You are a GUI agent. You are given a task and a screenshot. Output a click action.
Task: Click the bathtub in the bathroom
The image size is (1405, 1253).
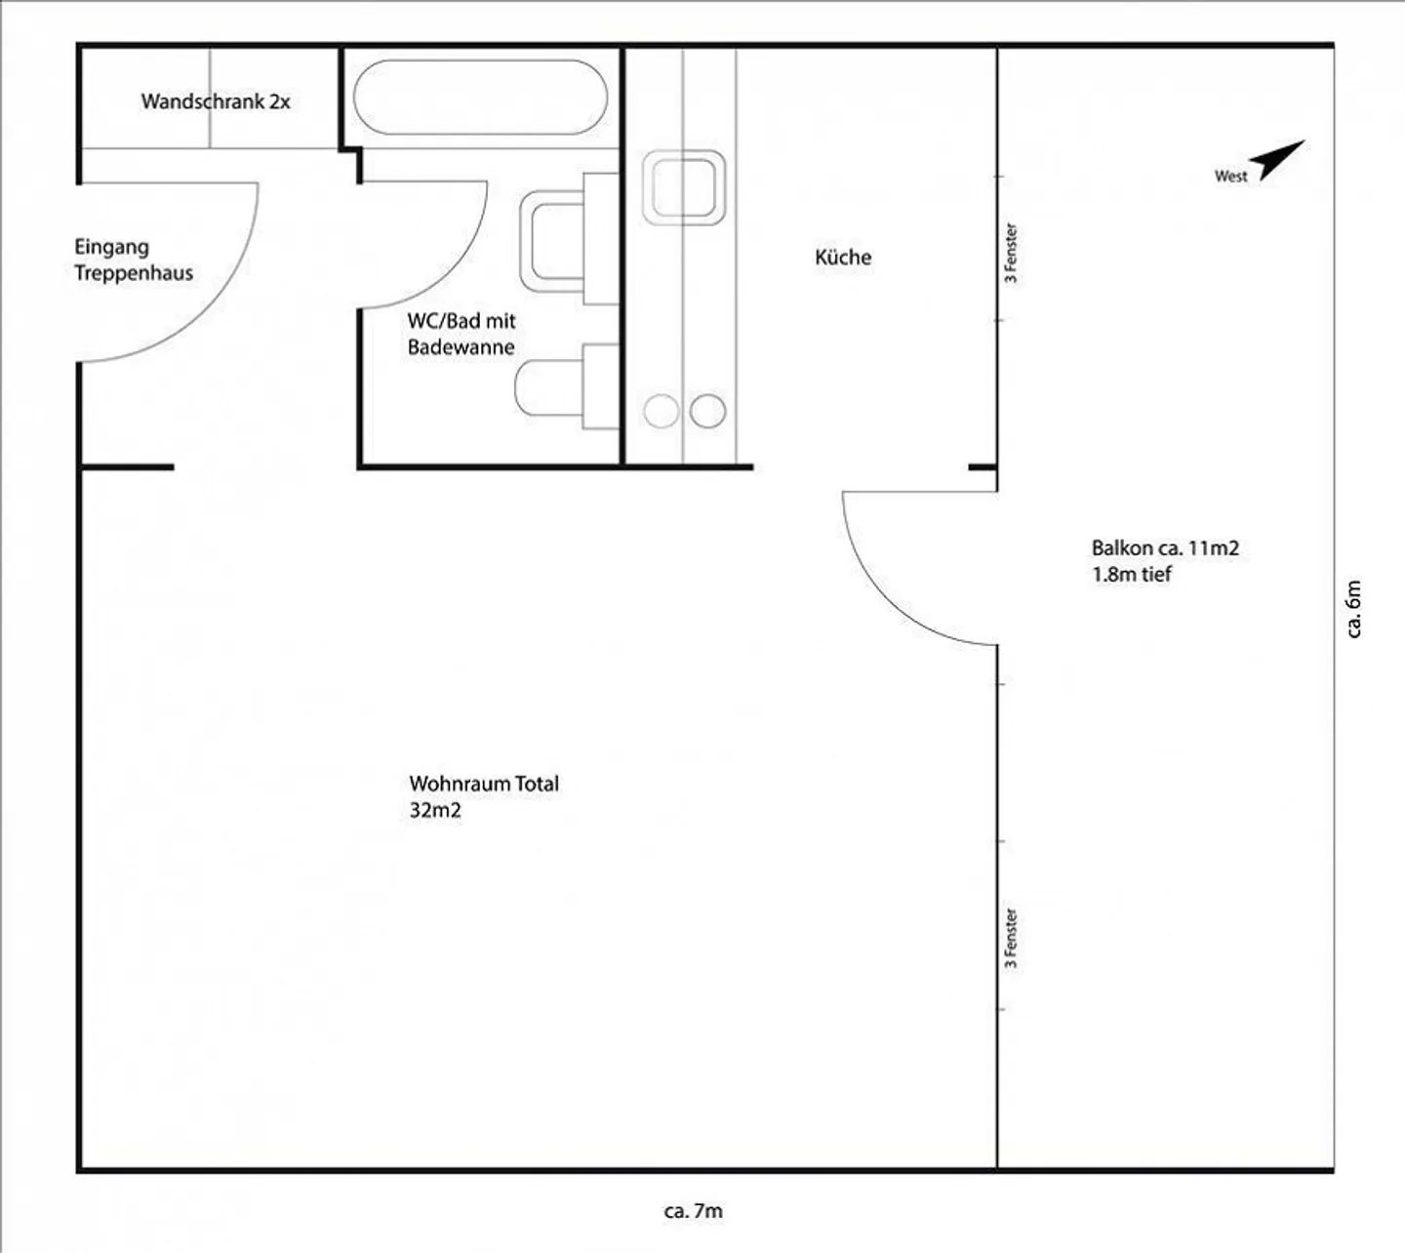(x=481, y=98)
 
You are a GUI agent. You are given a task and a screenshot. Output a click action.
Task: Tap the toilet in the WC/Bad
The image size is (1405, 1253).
(x=566, y=387)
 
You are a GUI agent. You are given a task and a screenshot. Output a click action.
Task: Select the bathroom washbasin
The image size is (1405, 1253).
(x=569, y=239)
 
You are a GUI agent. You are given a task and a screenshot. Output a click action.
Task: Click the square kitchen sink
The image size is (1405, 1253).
(x=684, y=188)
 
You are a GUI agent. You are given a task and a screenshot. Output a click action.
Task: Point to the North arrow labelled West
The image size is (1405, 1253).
(x=1281, y=160)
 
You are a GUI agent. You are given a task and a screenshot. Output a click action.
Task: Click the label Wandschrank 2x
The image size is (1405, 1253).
(x=216, y=102)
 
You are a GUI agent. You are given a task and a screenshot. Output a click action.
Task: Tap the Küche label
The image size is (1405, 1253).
(x=843, y=258)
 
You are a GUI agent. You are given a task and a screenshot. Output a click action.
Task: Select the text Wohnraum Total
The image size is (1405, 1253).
(x=484, y=784)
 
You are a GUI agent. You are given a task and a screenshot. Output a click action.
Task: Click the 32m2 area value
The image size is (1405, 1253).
(x=435, y=810)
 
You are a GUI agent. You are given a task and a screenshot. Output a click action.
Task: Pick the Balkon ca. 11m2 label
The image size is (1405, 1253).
(x=1165, y=548)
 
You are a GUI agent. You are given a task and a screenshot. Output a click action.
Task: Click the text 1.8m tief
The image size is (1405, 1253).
(x=1132, y=575)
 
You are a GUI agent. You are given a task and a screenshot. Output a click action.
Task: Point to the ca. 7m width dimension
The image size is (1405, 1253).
(x=694, y=1211)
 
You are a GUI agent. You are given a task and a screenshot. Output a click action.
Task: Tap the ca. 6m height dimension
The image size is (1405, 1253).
(x=1353, y=609)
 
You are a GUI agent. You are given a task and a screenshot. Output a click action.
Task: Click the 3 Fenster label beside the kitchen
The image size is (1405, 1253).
(x=1011, y=253)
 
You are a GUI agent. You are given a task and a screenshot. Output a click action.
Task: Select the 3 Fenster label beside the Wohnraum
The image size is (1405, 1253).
(x=1011, y=938)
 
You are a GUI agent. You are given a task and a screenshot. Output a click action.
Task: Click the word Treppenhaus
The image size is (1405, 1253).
(x=134, y=272)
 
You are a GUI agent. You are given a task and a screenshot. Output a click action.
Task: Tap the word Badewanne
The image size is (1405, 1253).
(x=462, y=346)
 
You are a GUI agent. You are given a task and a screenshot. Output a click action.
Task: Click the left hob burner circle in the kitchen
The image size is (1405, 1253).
(x=661, y=411)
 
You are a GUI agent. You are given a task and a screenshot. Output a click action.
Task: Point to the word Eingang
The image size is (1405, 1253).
(x=111, y=248)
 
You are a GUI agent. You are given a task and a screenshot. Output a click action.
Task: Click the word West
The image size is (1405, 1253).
(x=1231, y=177)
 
